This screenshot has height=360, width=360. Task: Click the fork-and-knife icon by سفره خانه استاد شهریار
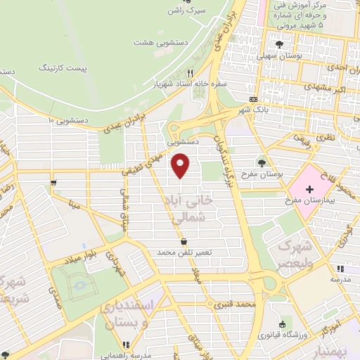(190, 72)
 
